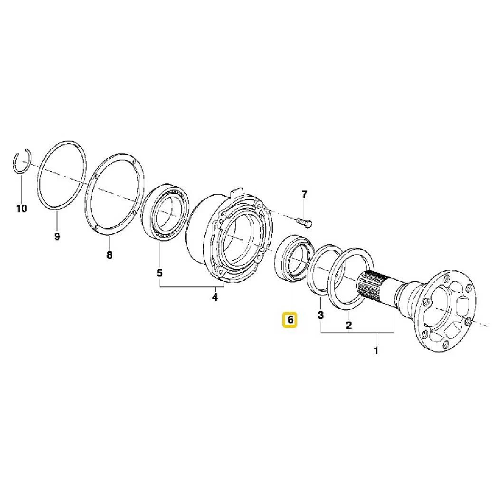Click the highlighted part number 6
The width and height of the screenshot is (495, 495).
click(290, 320)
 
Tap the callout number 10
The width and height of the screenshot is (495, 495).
click(21, 208)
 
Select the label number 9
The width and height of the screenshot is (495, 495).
click(57, 236)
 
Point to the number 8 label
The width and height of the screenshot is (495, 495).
click(110, 255)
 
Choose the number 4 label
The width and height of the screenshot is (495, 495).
click(215, 298)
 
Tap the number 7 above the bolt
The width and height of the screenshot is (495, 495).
click(305, 194)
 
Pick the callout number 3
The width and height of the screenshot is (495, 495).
click(321, 314)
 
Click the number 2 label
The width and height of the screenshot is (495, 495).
click(349, 325)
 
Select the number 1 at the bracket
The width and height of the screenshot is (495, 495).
click(377, 351)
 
